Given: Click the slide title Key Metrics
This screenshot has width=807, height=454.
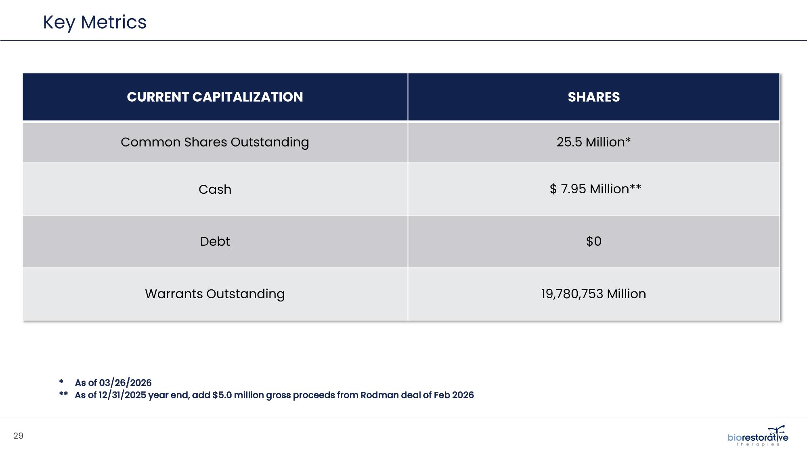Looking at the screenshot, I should (94, 22).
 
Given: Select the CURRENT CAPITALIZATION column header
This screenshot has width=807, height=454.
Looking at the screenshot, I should (215, 97).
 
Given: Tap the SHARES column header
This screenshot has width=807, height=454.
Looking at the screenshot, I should (593, 97).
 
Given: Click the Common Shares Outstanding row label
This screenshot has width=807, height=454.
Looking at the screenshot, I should (215, 142).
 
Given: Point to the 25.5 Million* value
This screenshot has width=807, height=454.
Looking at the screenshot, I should (593, 142).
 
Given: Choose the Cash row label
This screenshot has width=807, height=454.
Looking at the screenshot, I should (215, 189).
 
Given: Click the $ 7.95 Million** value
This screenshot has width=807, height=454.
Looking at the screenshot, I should (595, 189).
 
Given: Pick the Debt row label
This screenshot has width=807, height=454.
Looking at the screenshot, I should (215, 241).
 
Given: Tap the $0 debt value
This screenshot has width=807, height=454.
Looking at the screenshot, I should (593, 241).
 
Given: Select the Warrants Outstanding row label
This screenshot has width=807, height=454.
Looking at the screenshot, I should (215, 294).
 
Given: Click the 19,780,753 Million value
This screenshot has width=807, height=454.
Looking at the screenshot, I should (593, 294).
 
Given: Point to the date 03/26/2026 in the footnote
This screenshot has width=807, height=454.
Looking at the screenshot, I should (125, 383).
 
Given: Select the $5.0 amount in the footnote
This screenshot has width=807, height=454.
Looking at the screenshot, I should (222, 395).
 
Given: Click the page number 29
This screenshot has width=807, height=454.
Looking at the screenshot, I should (19, 436).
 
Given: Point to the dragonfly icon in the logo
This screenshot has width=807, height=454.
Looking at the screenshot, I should (776, 431).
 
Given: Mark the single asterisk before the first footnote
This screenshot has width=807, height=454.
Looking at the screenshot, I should (61, 382).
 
